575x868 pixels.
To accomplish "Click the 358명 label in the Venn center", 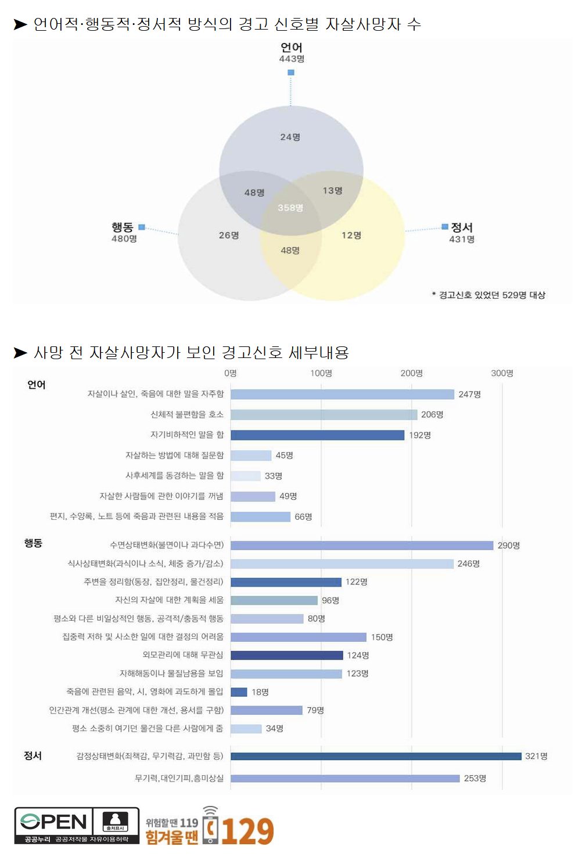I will pyautogui.click(x=290, y=208).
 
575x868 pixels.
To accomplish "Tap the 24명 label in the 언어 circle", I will pyautogui.click(x=290, y=137).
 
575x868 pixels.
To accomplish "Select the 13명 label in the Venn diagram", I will pyautogui.click(x=332, y=190).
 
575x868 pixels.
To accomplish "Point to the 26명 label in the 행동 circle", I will pyautogui.click(x=229, y=235).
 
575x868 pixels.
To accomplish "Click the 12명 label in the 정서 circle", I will pyautogui.click(x=351, y=235).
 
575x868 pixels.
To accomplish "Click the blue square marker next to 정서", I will pyautogui.click(x=445, y=226).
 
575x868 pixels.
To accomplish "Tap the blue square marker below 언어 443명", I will pyautogui.click(x=291, y=73).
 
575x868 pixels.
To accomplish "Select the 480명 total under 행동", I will pyautogui.click(x=124, y=238).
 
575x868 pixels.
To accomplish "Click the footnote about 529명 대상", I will pyautogui.click(x=488, y=295).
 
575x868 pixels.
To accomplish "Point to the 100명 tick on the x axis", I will pyautogui.click(x=321, y=373).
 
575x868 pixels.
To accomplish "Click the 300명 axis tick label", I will pyautogui.click(x=502, y=373).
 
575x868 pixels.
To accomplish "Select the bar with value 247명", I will pyautogui.click(x=342, y=395).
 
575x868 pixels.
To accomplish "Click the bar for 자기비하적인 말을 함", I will pyautogui.click(x=317, y=435).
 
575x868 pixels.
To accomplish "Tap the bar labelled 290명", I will pyautogui.click(x=362, y=545).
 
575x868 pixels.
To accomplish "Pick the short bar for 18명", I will pyautogui.click(x=239, y=692).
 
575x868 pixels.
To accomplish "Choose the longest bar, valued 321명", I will pyautogui.click(x=376, y=756).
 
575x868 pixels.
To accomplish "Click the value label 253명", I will pyautogui.click(x=475, y=778).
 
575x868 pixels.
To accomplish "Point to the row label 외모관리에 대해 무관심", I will pyautogui.click(x=183, y=655).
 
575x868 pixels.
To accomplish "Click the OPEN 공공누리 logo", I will pyautogui.click(x=77, y=825).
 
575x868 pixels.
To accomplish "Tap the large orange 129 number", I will pyautogui.click(x=247, y=831).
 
